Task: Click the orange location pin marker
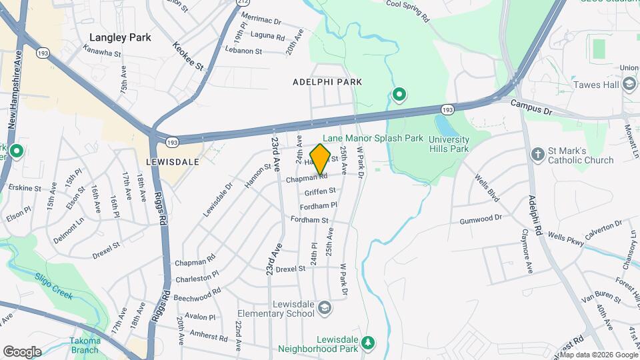point(321,159)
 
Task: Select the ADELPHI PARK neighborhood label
point(327,82)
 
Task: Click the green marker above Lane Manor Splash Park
point(399,95)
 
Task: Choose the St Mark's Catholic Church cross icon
point(538,155)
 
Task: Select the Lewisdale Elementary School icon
point(325,307)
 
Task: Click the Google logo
point(22,351)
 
